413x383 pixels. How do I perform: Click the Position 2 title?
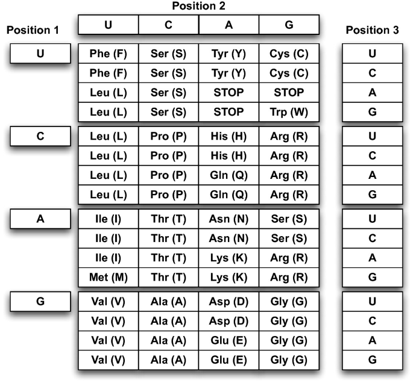(x=198, y=6)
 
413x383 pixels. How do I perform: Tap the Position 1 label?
(x=31, y=30)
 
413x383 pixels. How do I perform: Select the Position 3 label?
(x=372, y=30)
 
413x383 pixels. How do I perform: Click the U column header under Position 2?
(x=108, y=25)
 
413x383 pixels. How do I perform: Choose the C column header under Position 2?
(x=168, y=25)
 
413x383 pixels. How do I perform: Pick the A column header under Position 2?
(x=229, y=25)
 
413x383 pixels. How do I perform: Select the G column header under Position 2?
(x=288, y=25)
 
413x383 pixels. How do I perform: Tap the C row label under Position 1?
(x=40, y=137)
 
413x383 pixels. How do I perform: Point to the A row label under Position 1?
(x=40, y=219)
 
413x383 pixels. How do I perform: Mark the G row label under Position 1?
(x=40, y=302)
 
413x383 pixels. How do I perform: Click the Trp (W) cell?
(x=288, y=112)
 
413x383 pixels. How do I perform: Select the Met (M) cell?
(x=108, y=277)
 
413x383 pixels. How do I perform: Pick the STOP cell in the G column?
(x=288, y=93)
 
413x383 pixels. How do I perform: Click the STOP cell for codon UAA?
(x=229, y=93)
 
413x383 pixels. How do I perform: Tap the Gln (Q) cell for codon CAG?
(x=229, y=195)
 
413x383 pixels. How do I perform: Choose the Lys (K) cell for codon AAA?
(x=229, y=258)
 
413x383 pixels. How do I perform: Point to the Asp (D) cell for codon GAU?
(x=229, y=302)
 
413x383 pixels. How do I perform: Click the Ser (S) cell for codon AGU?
(x=288, y=220)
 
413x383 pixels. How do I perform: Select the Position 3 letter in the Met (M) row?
(x=372, y=277)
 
